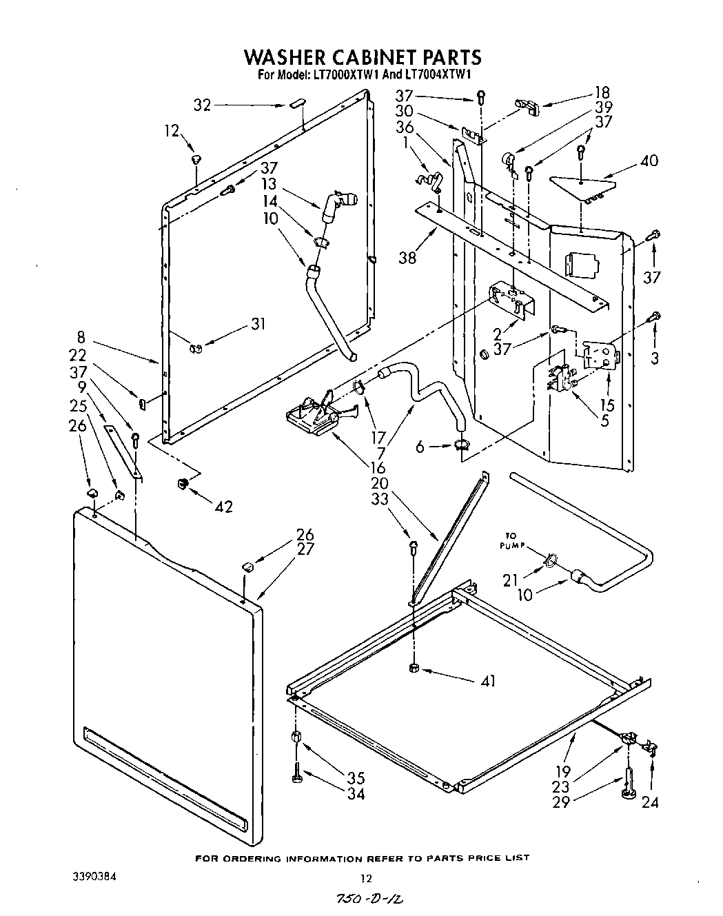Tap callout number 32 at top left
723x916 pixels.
coord(202,105)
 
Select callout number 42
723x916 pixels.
coord(224,507)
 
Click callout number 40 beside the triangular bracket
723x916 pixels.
coord(649,161)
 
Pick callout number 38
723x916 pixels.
coord(407,258)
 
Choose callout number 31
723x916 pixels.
coord(258,324)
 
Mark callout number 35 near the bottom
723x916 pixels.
coord(356,778)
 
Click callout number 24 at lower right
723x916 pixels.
coord(650,802)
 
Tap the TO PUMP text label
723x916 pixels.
coord(513,540)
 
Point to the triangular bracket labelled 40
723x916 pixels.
coord(582,185)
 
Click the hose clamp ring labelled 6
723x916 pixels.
coord(461,447)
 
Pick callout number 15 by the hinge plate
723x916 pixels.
coord(607,405)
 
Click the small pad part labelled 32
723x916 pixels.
coord(296,104)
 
